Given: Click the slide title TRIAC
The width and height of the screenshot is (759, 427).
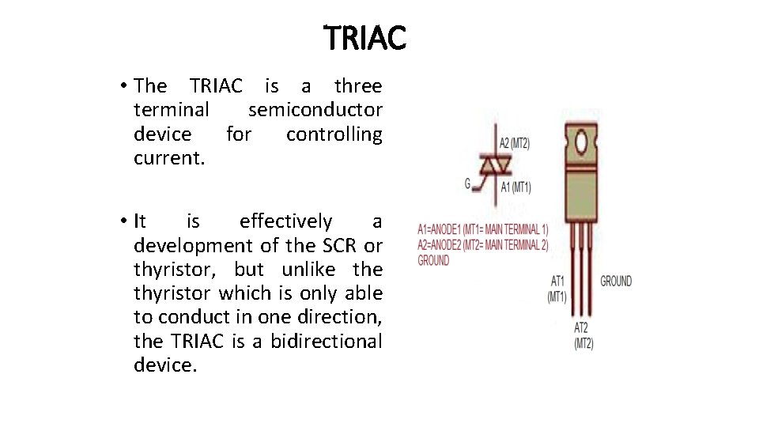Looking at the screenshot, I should coord(364,37).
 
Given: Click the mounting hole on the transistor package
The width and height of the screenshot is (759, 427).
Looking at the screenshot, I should coord(582,143).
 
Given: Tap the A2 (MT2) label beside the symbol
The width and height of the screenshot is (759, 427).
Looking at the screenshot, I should coord(515,143).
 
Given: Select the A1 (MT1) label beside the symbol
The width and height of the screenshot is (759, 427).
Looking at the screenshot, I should coord(515,187).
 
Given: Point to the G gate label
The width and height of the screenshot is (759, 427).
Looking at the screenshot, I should coord(467,183).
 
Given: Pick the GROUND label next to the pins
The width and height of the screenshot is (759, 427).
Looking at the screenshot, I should coord(616,281).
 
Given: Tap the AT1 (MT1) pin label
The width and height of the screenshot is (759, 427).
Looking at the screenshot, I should coord(557,289).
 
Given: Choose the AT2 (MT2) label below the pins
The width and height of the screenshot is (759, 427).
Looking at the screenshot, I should coord(583,335).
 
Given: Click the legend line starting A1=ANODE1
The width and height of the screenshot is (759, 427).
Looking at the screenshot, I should coord(482,230).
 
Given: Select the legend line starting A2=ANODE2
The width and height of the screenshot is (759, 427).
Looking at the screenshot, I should coord(482,245).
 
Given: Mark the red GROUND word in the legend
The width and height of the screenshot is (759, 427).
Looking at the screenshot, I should coord(433,260).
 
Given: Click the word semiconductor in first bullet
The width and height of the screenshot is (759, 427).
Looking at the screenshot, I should coord(315,110).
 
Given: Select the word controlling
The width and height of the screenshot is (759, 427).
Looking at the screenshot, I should coord(334,134).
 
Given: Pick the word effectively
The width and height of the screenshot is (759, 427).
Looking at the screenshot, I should coord(286,221).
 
